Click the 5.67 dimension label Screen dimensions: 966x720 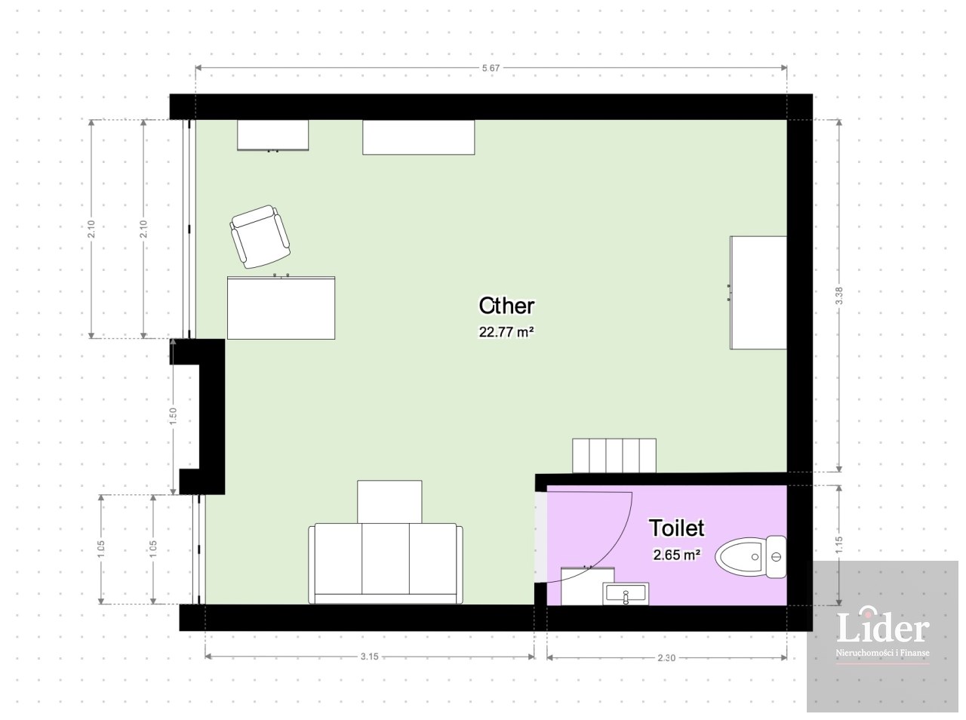coord(491,68)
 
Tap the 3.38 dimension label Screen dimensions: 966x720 coord(838,296)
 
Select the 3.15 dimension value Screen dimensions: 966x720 coord(369,657)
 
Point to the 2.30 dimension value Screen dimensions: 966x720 coord(666,658)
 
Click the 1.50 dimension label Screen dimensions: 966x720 coord(173,417)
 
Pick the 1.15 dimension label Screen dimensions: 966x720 coord(838,545)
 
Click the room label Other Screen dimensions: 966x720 coord(506,306)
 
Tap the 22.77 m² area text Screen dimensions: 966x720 coord(506,332)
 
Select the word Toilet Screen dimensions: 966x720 coord(676,528)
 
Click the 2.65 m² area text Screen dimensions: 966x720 coord(676,555)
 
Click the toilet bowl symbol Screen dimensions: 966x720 coord(750,557)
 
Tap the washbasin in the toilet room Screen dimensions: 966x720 coord(626,594)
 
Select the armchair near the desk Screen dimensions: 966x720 coord(260,237)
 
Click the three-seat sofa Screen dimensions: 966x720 coord(386,563)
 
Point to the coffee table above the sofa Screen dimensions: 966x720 coord(389,501)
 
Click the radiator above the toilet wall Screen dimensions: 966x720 coord(614,456)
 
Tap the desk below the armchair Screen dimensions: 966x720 coord(281,308)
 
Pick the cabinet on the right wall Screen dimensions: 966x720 coord(758,293)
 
